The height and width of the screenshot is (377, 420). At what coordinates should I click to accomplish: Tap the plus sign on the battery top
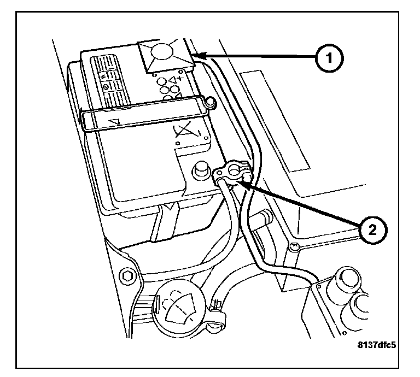179,79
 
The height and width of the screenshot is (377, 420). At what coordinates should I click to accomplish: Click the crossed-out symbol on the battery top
186,132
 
